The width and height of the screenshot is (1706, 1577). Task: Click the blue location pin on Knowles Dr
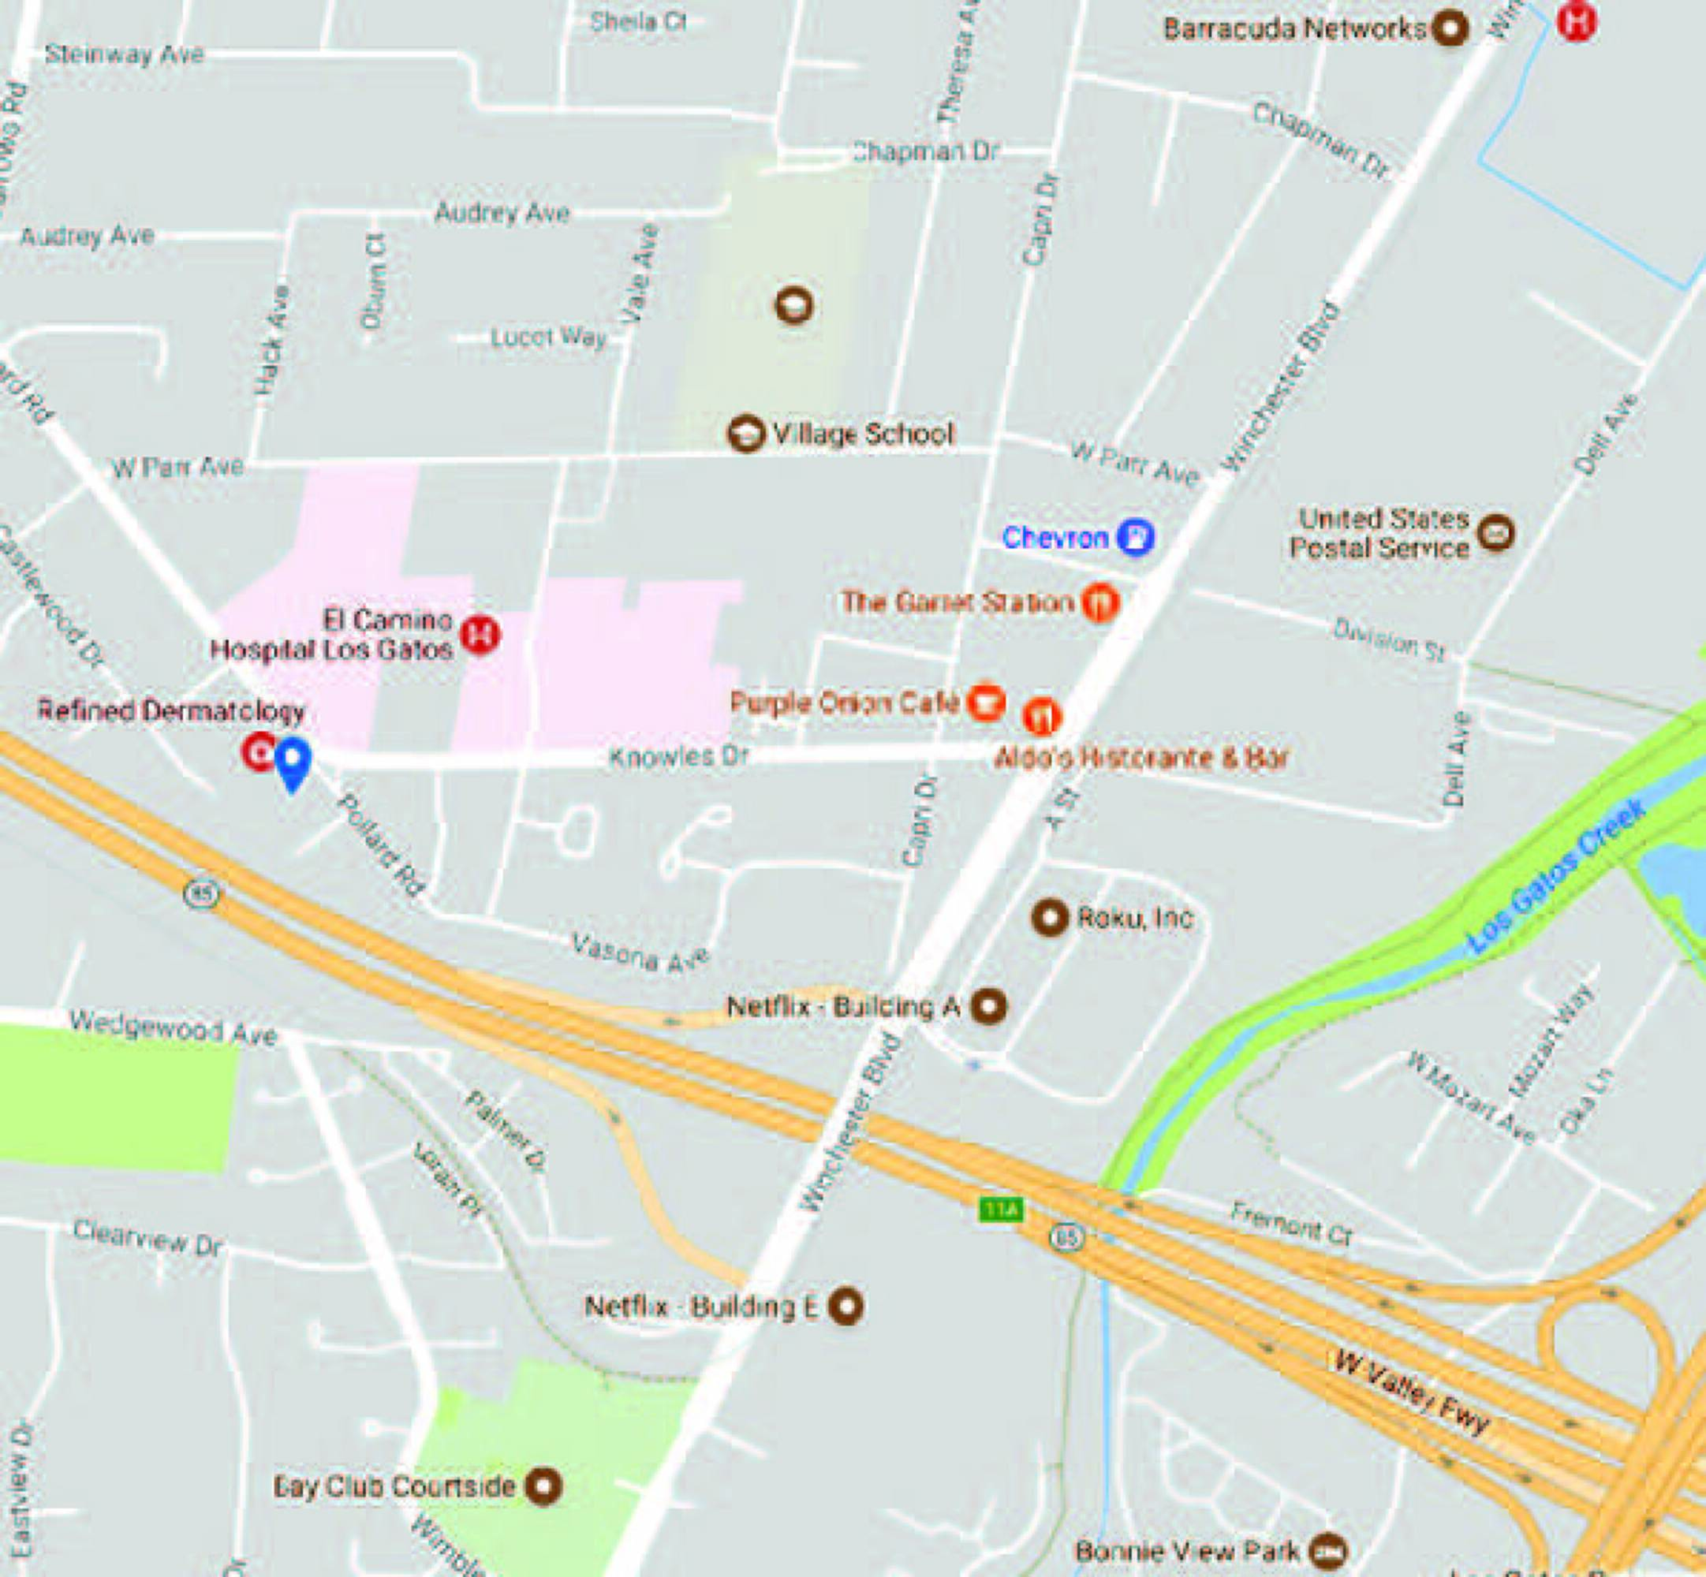point(293,760)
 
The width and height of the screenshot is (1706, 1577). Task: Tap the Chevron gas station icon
point(1136,537)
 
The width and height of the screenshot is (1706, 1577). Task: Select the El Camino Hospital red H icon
point(480,635)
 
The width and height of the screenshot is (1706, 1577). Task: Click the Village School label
point(862,434)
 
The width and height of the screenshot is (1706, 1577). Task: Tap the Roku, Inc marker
point(1050,917)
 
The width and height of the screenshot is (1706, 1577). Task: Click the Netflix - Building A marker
point(990,1006)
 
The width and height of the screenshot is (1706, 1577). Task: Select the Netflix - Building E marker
point(846,1306)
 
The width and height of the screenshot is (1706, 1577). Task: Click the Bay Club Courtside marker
point(543,1486)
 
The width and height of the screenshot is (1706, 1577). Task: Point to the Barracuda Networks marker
point(1448,29)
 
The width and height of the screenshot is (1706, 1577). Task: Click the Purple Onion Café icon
point(986,703)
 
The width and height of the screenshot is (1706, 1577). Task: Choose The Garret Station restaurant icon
point(1101,602)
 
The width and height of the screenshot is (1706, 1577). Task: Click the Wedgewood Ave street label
point(173,1027)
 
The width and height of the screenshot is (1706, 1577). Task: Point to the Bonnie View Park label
point(1187,1549)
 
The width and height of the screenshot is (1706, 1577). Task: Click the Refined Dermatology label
point(171,710)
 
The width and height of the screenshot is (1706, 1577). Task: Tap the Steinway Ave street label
point(125,54)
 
